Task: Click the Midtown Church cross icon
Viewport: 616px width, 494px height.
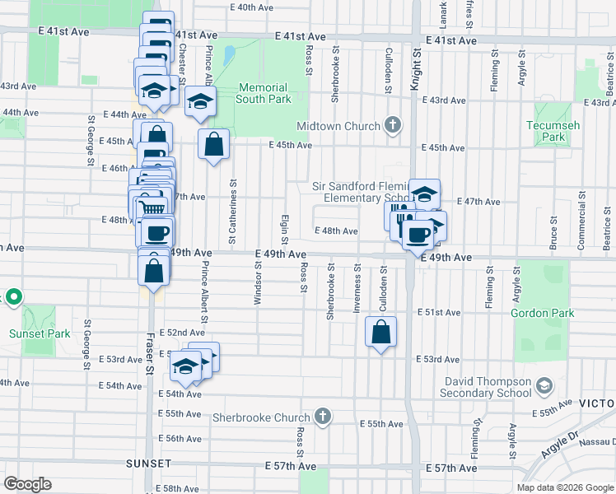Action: [x=394, y=125]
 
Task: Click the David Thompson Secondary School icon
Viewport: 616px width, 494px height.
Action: [x=544, y=386]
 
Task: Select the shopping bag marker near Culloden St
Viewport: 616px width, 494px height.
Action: [x=380, y=333]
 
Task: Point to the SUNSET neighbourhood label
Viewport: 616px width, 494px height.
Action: [x=148, y=464]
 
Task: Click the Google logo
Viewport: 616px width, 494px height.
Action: [x=27, y=484]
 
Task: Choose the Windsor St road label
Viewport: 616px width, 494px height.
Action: [x=258, y=280]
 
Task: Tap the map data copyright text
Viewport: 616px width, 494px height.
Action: [x=564, y=487]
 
